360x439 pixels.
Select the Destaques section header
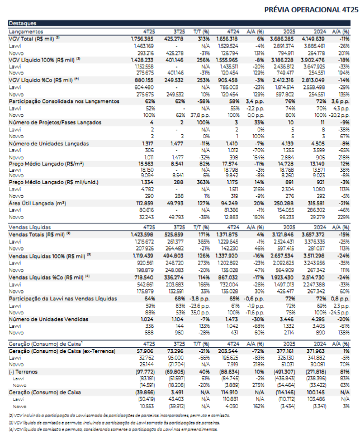coord(22,23)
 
